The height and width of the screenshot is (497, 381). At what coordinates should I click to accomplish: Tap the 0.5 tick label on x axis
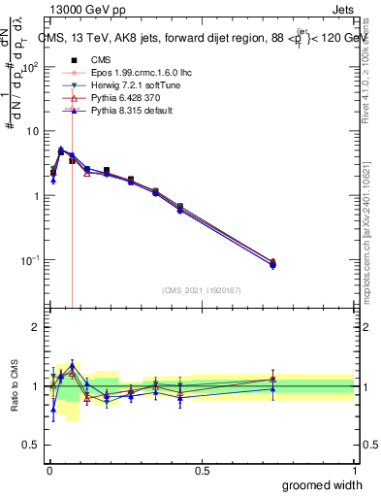click(x=202, y=471)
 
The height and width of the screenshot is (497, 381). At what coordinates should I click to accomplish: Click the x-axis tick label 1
click(x=355, y=471)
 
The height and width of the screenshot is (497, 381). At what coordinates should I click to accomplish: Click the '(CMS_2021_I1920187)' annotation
click(x=201, y=289)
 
